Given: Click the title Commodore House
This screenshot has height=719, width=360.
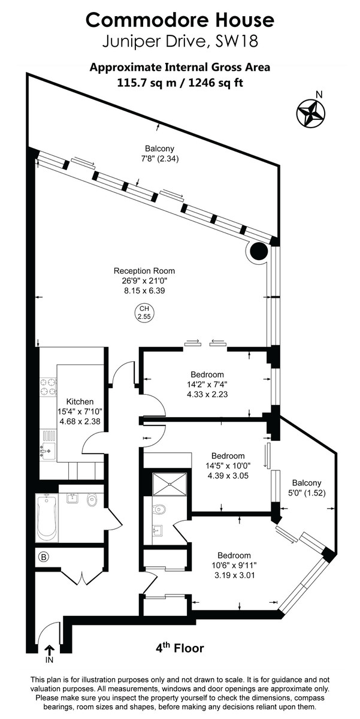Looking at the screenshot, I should (x=180, y=20).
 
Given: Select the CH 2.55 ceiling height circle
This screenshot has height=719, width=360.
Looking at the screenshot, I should (x=143, y=312).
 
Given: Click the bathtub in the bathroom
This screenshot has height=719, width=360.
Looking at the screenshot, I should (x=47, y=516).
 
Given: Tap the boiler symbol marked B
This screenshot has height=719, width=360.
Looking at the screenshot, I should (x=43, y=557).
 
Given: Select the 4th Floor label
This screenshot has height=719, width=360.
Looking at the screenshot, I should (x=180, y=648).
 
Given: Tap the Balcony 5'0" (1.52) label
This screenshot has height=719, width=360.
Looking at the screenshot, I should (x=307, y=488).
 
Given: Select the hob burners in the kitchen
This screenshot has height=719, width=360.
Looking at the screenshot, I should (x=47, y=388).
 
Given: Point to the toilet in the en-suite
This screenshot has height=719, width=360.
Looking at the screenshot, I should (x=159, y=509).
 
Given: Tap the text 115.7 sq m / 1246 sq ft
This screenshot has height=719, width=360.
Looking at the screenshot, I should (x=180, y=83).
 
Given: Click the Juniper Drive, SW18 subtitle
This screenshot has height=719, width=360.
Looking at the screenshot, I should (x=180, y=42).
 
